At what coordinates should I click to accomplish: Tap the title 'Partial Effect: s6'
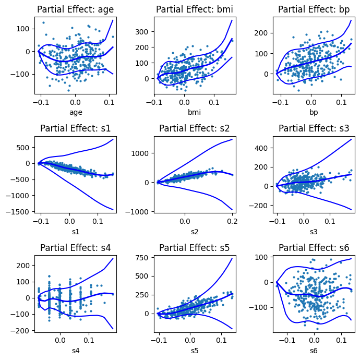click(x=314, y=247)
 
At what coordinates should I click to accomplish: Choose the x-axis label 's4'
click(x=76, y=351)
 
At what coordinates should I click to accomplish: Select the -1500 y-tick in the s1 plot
click(x=20, y=211)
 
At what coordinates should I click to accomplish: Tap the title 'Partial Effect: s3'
click(x=314, y=128)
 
